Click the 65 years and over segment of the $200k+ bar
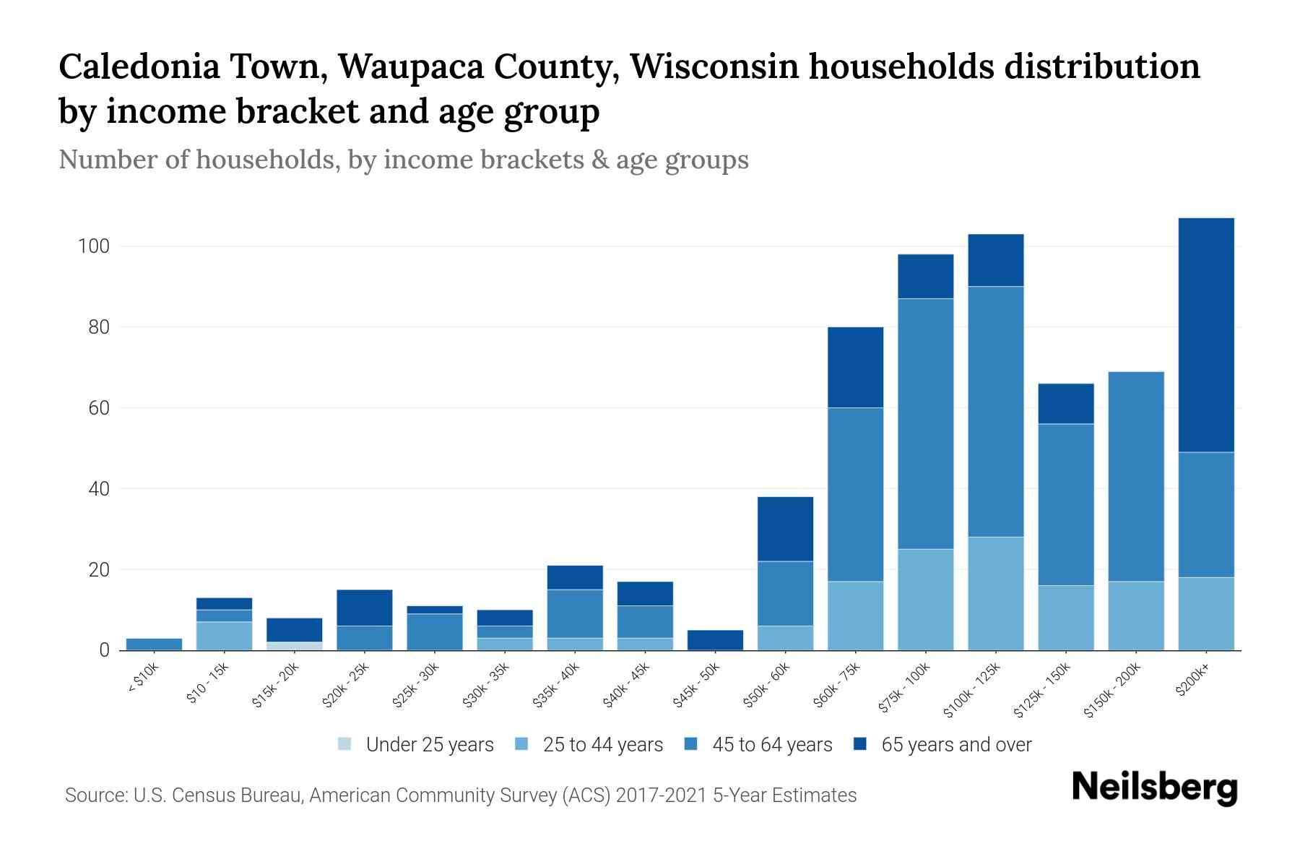pyautogui.click(x=1205, y=335)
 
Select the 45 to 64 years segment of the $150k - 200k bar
pyautogui.click(x=1135, y=477)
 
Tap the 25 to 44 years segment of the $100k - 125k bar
pyautogui.click(x=995, y=593)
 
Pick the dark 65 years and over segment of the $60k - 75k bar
pyautogui.click(x=855, y=367)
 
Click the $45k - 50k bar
pyautogui.click(x=715, y=640)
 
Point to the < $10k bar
pyautogui.click(x=154, y=644)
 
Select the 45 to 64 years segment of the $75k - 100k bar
pyautogui.click(x=925, y=423)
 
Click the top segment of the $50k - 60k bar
pyautogui.click(x=785, y=529)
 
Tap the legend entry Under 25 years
pyautogui.click(x=429, y=745)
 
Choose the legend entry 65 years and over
pyautogui.click(x=955, y=745)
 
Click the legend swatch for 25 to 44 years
pyautogui.click(x=521, y=744)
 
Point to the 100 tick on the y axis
pyautogui.click(x=93, y=246)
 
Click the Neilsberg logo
pyautogui.click(x=1154, y=788)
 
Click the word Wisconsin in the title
pyautogui.click(x=713, y=66)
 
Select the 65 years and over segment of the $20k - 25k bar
pyautogui.click(x=364, y=608)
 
